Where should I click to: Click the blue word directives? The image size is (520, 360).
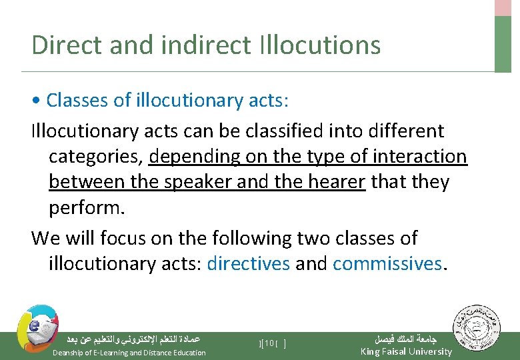[x=248, y=263]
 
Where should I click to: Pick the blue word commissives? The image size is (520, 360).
[x=387, y=263]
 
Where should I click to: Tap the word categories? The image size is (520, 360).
[x=96, y=157]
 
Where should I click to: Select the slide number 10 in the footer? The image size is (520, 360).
[x=271, y=343]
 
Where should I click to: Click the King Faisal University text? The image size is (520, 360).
[x=405, y=351]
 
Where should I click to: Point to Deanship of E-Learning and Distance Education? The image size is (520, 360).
[x=129, y=352]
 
